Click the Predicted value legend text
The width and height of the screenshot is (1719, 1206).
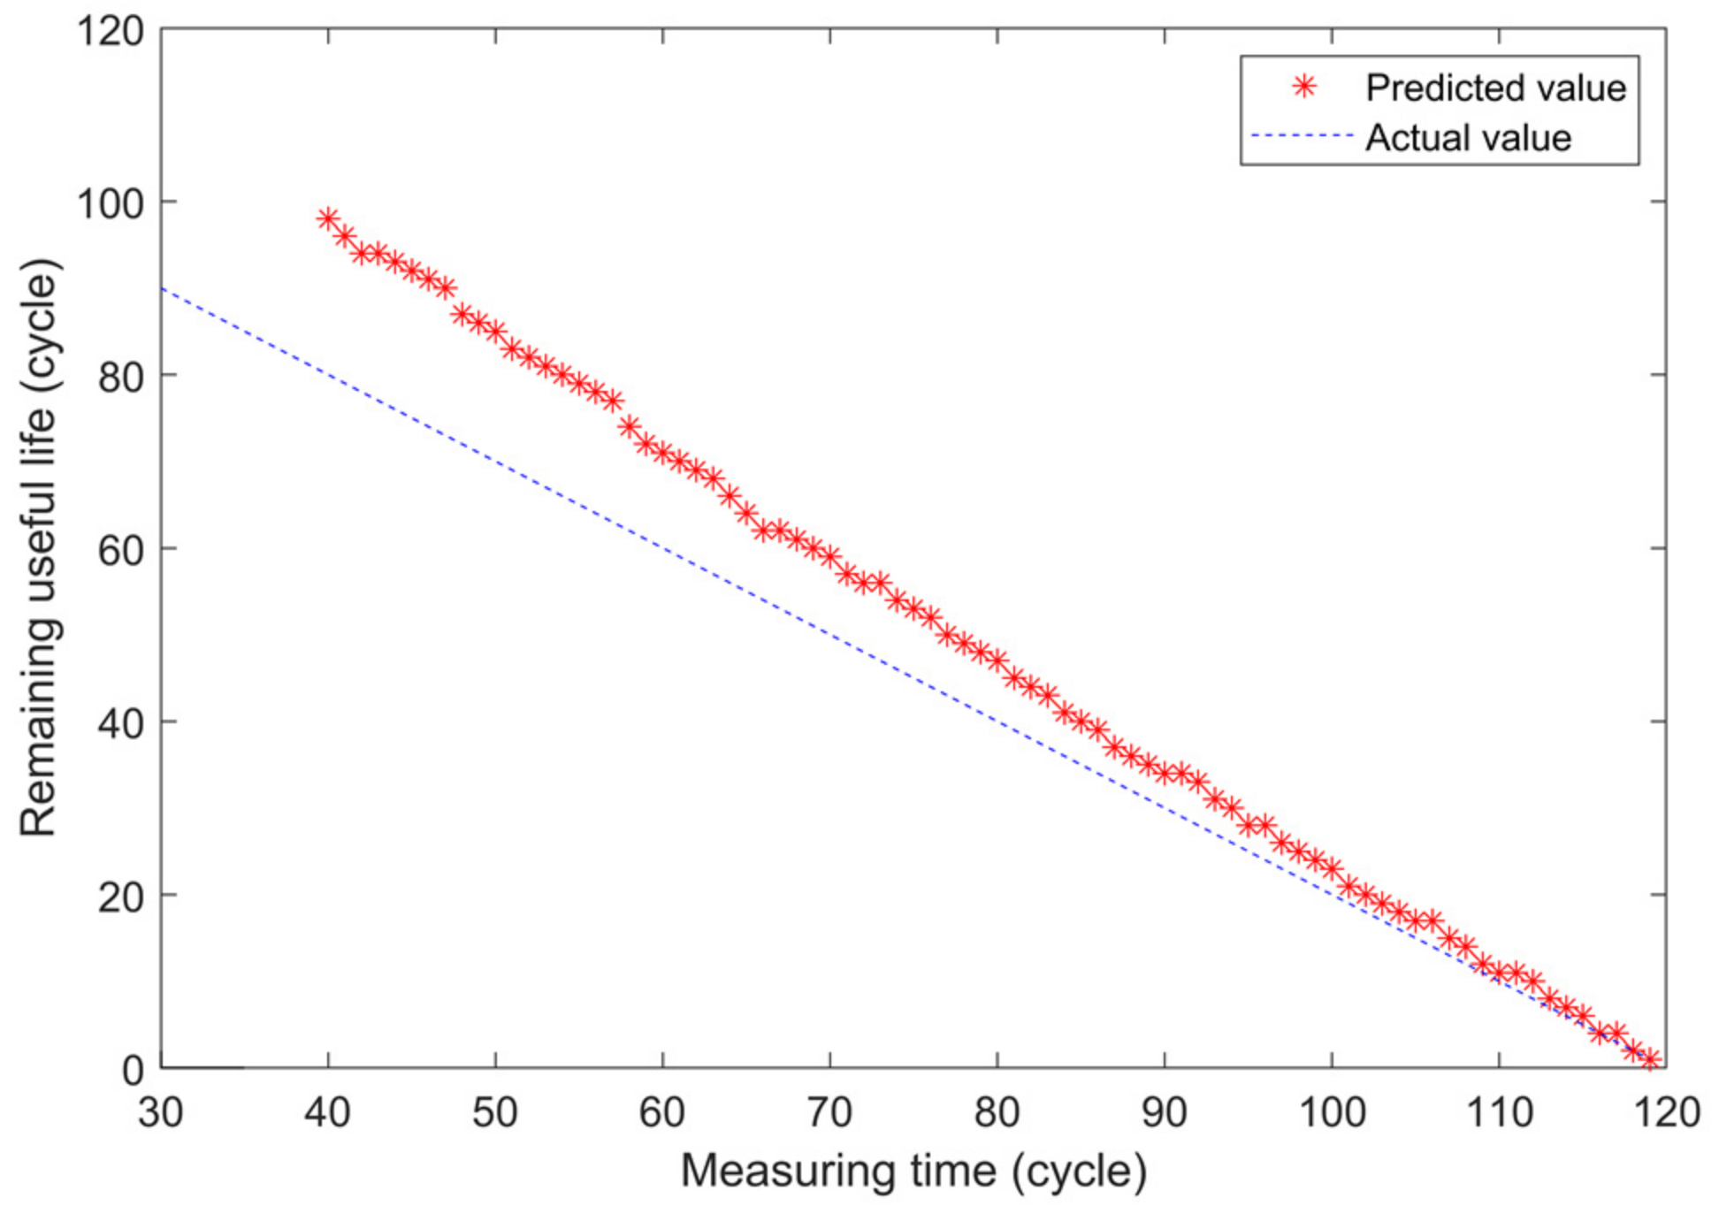point(1495,88)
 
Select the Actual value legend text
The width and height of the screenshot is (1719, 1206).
point(1468,138)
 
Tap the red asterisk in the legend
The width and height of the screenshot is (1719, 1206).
point(1304,87)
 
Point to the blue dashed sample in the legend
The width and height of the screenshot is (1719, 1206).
point(1303,136)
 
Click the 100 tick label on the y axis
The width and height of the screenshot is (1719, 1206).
point(110,203)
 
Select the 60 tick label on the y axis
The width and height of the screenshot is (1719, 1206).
point(120,550)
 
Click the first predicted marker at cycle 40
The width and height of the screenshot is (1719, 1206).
point(328,218)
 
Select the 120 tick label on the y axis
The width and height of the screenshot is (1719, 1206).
point(110,32)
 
